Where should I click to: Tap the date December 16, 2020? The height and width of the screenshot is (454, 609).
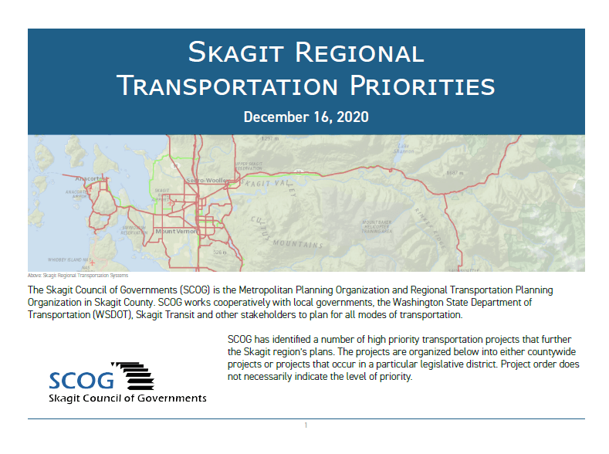(306, 117)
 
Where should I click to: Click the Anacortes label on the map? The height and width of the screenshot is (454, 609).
(91, 178)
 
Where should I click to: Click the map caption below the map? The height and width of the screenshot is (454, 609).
(77, 275)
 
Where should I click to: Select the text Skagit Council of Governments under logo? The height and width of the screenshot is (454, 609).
(127, 398)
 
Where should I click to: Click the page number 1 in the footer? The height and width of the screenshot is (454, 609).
(306, 425)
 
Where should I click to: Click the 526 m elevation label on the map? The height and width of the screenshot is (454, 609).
(219, 252)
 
